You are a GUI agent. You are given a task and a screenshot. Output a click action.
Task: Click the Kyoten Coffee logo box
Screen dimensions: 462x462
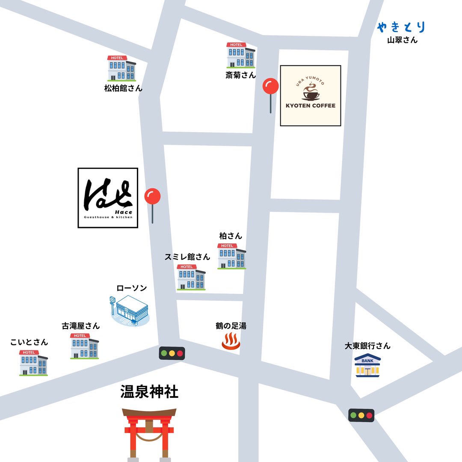[311, 96]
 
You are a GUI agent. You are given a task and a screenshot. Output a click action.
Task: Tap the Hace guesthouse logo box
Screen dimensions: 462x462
[108, 198]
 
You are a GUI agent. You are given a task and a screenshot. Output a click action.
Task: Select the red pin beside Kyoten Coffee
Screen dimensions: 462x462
[270, 87]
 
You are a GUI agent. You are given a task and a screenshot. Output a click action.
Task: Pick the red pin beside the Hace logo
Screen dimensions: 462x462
[152, 197]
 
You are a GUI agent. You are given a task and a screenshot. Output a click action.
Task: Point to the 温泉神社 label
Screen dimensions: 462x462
[149, 392]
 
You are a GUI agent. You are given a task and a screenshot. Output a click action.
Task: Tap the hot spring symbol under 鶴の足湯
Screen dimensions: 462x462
[231, 342]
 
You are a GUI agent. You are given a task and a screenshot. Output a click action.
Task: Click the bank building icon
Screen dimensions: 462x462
[368, 365]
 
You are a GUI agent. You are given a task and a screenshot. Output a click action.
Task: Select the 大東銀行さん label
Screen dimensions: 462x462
[367, 346]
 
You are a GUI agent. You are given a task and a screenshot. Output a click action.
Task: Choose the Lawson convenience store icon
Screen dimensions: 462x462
[129, 311]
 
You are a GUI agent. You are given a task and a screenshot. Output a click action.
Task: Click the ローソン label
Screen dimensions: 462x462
[132, 288]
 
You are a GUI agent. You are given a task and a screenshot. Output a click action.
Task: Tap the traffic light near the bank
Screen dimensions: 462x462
[361, 415]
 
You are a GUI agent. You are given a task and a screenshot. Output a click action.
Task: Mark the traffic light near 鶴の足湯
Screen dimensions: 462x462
[172, 353]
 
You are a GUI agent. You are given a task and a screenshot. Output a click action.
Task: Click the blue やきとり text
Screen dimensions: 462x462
[401, 27]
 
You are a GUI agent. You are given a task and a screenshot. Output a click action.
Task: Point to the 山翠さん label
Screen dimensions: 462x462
[402, 40]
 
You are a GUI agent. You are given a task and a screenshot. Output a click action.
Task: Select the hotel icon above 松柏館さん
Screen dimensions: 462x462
[122, 68]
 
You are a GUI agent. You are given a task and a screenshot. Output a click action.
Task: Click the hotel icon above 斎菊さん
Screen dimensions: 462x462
[241, 56]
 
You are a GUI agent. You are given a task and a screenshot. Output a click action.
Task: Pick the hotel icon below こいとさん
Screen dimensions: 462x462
[33, 363]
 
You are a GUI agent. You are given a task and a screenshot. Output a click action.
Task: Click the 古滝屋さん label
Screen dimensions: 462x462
[81, 326]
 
